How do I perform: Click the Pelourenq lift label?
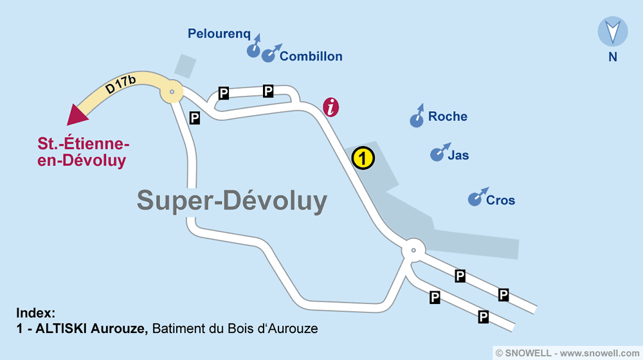[219, 34]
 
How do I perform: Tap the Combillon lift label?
[311, 57]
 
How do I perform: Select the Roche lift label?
[448, 116]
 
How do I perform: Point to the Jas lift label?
[458, 155]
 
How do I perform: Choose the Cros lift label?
[500, 200]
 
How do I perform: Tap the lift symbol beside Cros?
[476, 198]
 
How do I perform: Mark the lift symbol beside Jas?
[438, 154]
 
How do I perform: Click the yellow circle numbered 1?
[363, 157]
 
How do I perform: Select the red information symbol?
[331, 107]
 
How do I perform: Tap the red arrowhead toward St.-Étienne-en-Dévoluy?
[78, 114]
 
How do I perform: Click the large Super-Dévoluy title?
[232, 201]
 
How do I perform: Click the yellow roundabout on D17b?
[172, 93]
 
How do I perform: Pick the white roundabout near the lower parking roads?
[413, 251]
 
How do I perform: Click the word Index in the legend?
[35, 314]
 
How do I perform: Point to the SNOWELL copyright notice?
[568, 353]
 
